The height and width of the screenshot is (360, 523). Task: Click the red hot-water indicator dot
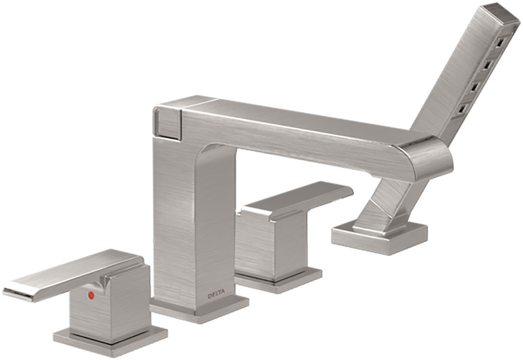[91, 295]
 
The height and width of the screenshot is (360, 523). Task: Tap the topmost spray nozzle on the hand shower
[501, 43]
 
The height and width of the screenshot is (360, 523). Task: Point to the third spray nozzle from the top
[475, 86]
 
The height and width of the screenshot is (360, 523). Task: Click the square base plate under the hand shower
[380, 238]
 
